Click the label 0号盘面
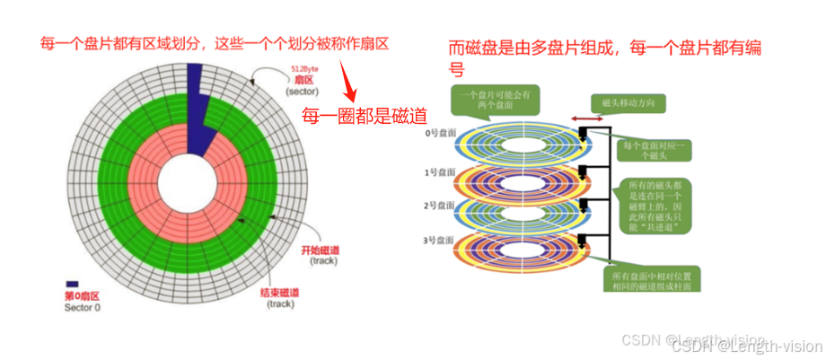440,133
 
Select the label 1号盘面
440,171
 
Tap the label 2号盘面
440,206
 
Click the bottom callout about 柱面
649,278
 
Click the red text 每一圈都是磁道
364,115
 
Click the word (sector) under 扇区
302,92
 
